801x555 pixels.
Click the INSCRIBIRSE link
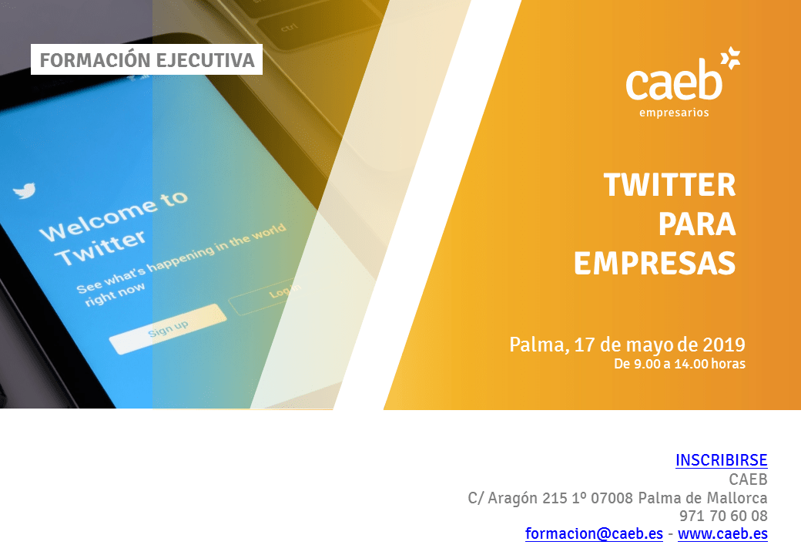722,460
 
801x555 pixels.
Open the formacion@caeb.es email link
594,533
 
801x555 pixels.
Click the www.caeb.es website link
723,533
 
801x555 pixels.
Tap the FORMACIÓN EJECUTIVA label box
146,60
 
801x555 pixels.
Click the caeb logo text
674,81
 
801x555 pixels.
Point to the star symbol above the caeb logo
730,58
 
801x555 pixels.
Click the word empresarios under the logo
674,113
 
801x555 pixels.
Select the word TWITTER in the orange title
670,184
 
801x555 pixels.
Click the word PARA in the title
697,224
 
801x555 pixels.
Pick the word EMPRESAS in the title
655,263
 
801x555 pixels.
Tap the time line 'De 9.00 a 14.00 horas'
679,364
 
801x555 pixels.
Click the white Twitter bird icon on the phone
24,190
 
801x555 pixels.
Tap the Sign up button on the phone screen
168,329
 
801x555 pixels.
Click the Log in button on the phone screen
266,297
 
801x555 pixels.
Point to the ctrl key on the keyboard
289,27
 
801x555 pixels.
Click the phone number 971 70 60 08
723,516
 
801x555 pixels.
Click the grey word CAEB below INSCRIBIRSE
749,479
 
